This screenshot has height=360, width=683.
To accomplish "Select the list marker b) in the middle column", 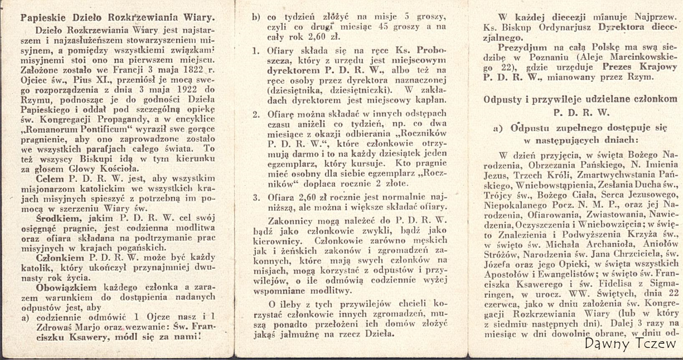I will coord(256,18).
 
